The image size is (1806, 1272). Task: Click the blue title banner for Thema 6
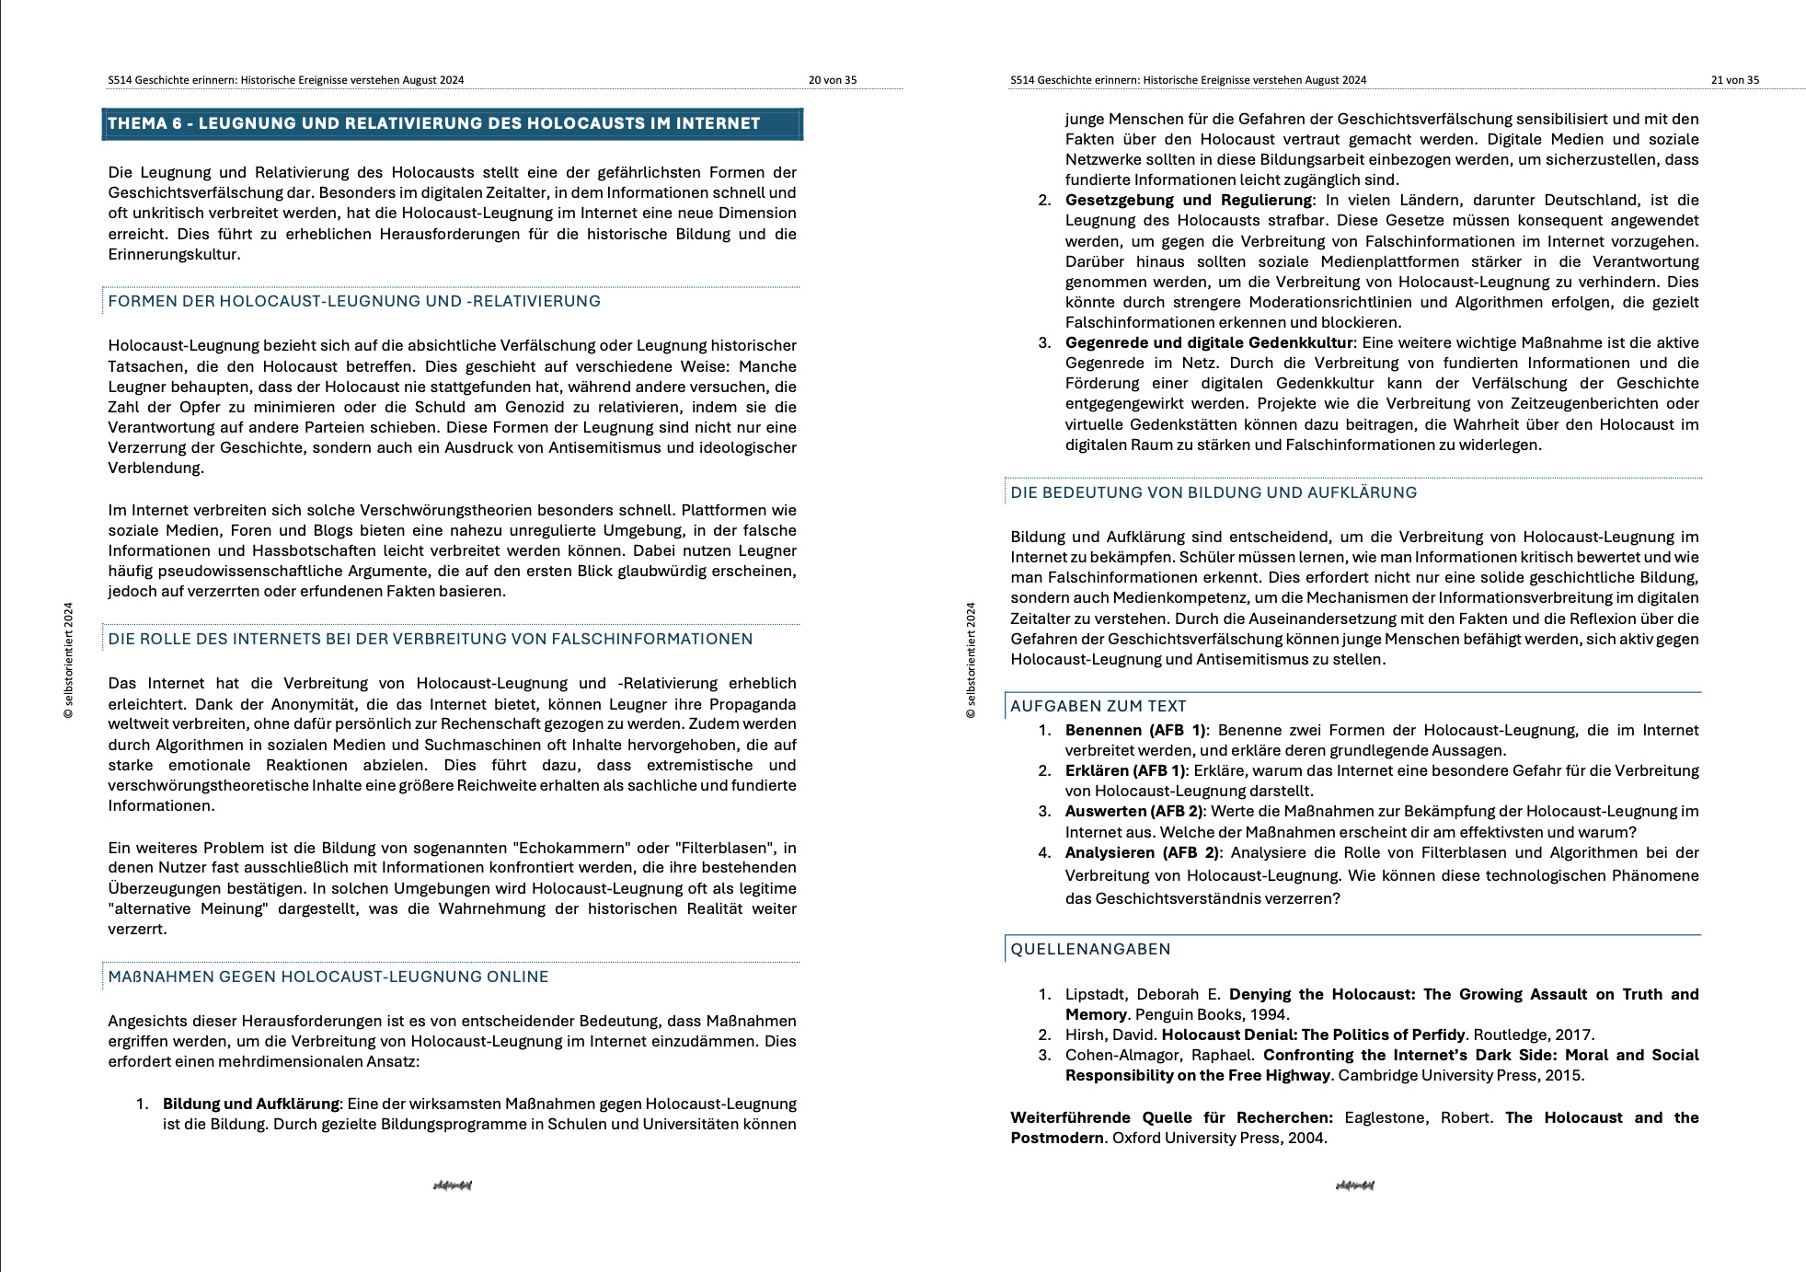[452, 124]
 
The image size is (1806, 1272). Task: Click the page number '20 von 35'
[832, 80]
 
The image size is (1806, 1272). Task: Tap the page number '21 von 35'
[1734, 80]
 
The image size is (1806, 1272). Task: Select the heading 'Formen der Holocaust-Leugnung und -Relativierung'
[354, 301]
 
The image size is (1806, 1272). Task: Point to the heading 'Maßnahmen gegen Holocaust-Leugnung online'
[328, 977]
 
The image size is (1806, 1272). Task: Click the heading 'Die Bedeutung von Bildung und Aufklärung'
[1214, 492]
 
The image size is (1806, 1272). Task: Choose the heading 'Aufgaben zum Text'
[1098, 706]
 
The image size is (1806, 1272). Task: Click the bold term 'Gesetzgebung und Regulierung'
[1188, 200]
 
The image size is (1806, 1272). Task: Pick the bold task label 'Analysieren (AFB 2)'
[1142, 852]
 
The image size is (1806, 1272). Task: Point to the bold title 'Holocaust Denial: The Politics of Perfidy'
[1313, 1035]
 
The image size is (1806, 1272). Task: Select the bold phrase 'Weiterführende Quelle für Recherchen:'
[1171, 1117]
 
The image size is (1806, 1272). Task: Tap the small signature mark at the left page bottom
[452, 1185]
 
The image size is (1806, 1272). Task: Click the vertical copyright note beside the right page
[971, 660]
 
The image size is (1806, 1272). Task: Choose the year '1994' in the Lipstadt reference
[1268, 1014]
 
